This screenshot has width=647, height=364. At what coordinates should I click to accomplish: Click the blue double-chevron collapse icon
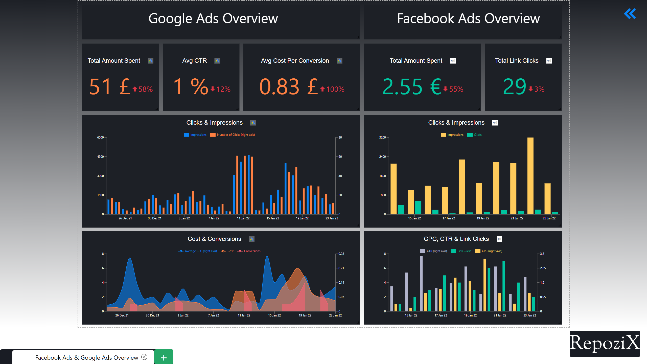click(630, 14)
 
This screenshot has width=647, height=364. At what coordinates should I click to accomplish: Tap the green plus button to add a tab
click(164, 357)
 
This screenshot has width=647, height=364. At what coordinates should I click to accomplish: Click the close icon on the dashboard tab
click(144, 357)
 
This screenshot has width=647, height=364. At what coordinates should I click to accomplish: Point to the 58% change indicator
click(143, 89)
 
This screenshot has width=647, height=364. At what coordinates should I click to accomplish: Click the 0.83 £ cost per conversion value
click(288, 87)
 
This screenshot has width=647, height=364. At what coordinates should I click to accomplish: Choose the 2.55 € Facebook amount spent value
click(412, 87)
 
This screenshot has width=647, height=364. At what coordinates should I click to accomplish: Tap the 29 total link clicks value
click(514, 87)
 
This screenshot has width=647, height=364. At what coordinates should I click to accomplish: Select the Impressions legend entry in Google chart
click(195, 135)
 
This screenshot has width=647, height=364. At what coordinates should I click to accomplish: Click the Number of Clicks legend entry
click(233, 135)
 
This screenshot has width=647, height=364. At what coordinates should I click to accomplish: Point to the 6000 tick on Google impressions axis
click(100, 138)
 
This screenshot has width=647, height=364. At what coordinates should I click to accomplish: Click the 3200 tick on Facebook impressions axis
click(382, 138)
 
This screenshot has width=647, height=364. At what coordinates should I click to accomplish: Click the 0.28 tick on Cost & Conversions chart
click(341, 254)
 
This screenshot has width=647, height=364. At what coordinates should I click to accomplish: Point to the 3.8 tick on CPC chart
click(542, 254)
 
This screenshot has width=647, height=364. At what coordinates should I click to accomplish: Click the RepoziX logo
click(605, 344)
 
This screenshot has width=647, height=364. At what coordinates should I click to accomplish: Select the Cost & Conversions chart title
click(214, 239)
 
